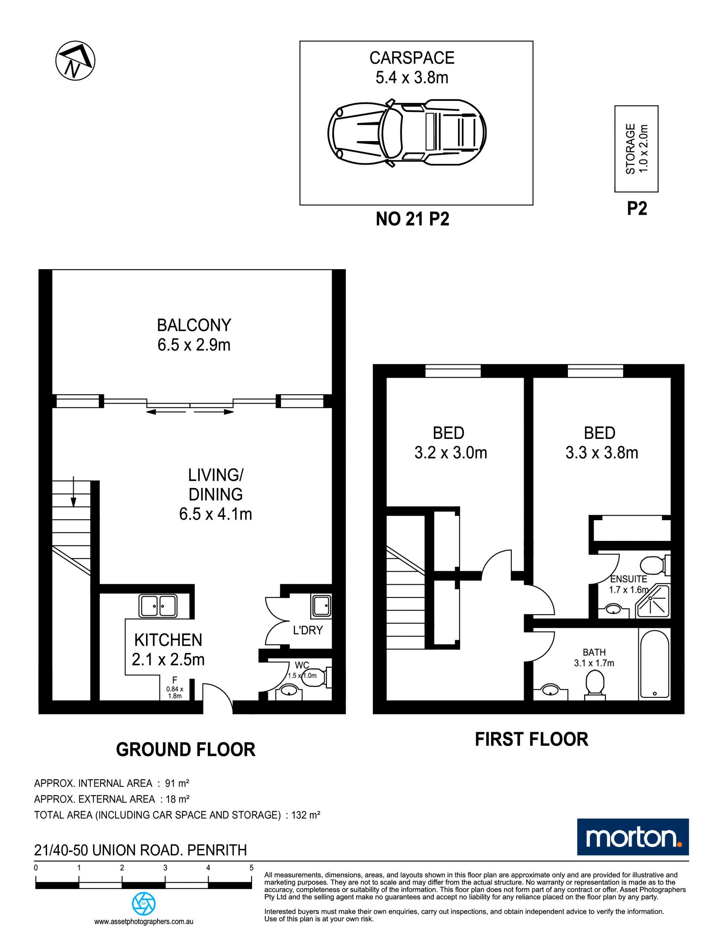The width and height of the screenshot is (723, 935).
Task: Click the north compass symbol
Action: pyautogui.click(x=75, y=60)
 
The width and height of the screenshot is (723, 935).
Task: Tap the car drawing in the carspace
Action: pyautogui.click(x=407, y=133)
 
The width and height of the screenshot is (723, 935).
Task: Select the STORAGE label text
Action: pyautogui.click(x=630, y=149)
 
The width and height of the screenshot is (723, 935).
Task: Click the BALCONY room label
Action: pyautogui.click(x=194, y=325)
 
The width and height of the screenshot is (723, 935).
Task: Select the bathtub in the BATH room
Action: pyautogui.click(x=654, y=664)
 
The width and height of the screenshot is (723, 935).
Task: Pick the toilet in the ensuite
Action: pyautogui.click(x=655, y=565)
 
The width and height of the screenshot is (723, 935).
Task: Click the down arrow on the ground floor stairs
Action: pyautogui.click(x=74, y=492)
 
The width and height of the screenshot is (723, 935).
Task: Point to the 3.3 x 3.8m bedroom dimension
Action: pyautogui.click(x=602, y=453)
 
